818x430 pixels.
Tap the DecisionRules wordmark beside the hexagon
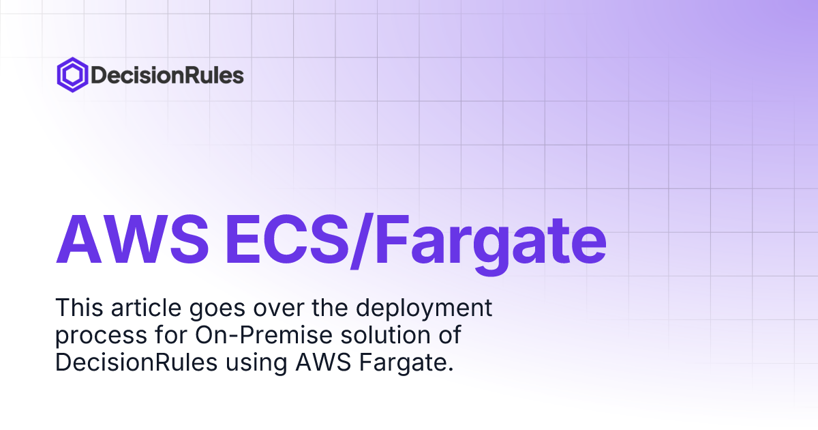pos(167,75)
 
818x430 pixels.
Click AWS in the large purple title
pos(132,240)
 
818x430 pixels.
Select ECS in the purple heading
pos(287,240)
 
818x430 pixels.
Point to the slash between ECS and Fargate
pos(362,241)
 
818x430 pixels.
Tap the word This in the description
pos(79,308)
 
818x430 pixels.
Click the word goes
pos(217,310)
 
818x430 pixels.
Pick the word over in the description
pos(279,310)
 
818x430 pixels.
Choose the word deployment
pos(424,309)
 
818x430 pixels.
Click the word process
pos(101,336)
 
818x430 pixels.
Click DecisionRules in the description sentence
pos(136,362)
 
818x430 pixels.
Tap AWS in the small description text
pos(323,362)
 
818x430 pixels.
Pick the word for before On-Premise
pos(171,334)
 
